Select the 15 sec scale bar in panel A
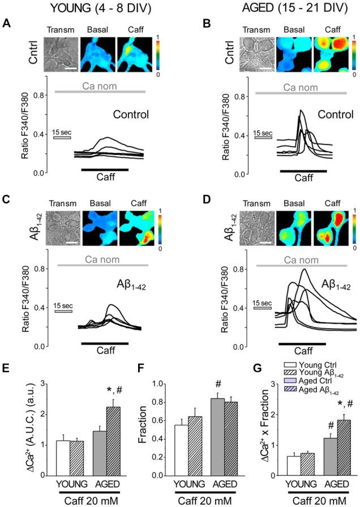[x=61, y=137]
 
